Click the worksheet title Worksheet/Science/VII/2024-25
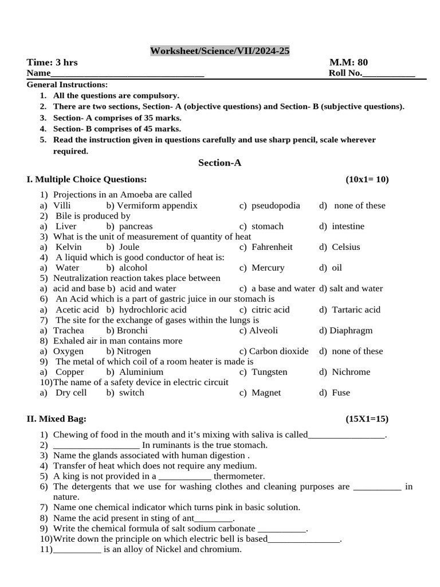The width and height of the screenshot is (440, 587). (x=220, y=51)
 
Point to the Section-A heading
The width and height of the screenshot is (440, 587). (x=219, y=163)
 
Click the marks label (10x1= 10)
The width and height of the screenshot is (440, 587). (x=367, y=179)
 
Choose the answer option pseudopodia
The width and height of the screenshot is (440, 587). (x=275, y=205)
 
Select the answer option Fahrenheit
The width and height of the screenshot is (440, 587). (x=272, y=247)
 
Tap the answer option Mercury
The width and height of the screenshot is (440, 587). (x=268, y=268)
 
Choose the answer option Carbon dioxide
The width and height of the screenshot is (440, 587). (x=274, y=351)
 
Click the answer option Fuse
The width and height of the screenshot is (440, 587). (x=340, y=393)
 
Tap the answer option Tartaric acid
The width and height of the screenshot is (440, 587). (x=355, y=310)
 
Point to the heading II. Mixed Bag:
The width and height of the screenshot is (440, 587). (x=57, y=419)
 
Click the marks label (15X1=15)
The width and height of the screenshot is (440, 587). (x=367, y=419)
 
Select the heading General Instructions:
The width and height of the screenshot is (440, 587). (x=67, y=85)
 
